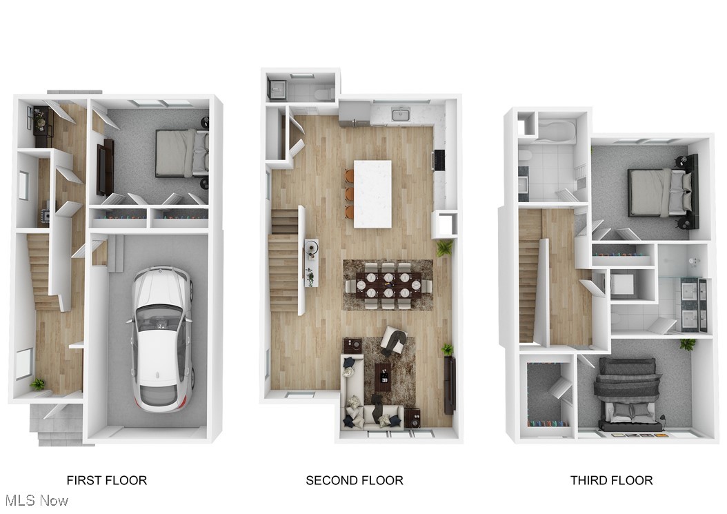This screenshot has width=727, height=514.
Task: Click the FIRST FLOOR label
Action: (x=106, y=480)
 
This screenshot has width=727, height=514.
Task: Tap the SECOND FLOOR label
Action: (x=355, y=480)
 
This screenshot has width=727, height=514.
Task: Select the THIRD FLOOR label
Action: (x=611, y=480)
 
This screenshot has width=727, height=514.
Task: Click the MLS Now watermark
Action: (x=35, y=500)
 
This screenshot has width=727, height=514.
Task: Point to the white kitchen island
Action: (x=372, y=193)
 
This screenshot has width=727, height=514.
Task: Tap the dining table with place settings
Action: (x=388, y=284)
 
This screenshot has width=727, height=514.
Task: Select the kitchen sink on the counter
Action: (x=401, y=114)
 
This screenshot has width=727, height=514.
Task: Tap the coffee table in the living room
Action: (x=383, y=377)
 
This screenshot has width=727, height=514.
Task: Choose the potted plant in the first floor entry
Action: (x=38, y=384)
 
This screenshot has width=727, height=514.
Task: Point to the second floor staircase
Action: (x=283, y=262)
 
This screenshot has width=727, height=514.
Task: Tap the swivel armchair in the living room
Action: (x=395, y=340)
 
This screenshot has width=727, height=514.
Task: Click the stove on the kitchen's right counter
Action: (x=438, y=160)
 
